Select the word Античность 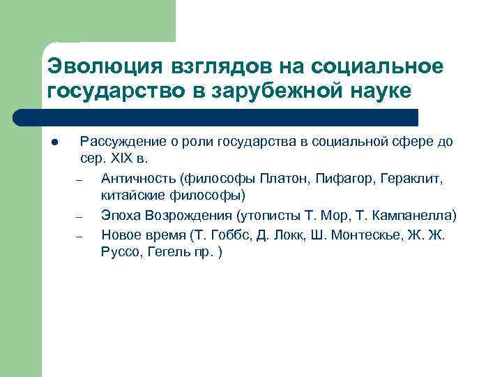point(138,179)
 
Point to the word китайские point(130,195)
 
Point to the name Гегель point(169,253)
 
